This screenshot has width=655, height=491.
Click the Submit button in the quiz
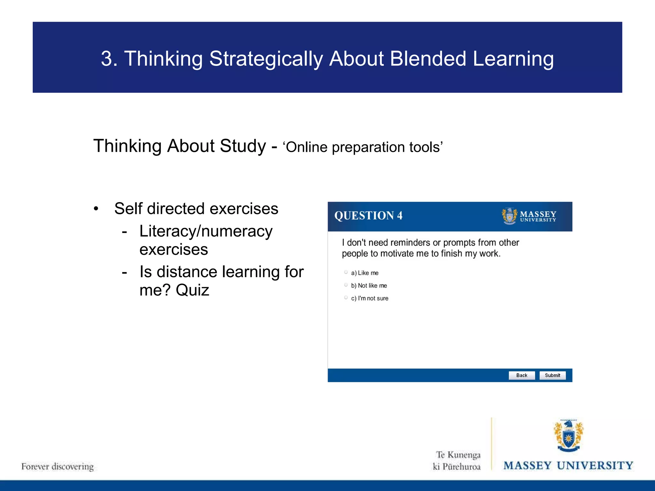[x=552, y=375]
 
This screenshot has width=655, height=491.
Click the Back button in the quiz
[x=522, y=375]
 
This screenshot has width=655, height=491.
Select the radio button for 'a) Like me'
[x=346, y=272]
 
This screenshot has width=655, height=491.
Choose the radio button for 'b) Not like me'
[x=346, y=285]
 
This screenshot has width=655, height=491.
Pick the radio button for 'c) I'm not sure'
[x=346, y=298]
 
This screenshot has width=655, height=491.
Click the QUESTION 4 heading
[x=368, y=216]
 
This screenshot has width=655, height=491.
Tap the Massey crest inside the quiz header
[x=509, y=216]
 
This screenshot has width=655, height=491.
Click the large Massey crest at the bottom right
[x=568, y=436]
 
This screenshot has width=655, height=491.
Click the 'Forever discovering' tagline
[x=58, y=466]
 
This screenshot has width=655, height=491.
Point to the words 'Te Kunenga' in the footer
[x=458, y=455]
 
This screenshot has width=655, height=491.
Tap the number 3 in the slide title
[x=107, y=59]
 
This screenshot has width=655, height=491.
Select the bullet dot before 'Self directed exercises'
[x=96, y=209]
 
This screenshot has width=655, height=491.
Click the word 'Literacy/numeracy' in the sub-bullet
[x=206, y=231]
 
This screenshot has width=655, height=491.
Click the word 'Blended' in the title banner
[x=428, y=59]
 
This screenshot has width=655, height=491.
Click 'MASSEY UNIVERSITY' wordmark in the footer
[x=568, y=465]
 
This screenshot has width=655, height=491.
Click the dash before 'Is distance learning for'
[x=124, y=272]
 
